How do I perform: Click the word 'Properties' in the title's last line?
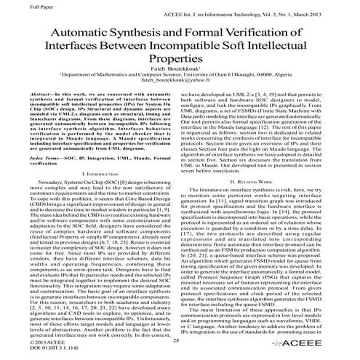click(x=180, y=63)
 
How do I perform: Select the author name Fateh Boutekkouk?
click(x=179, y=76)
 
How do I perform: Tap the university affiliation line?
click(x=180, y=84)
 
